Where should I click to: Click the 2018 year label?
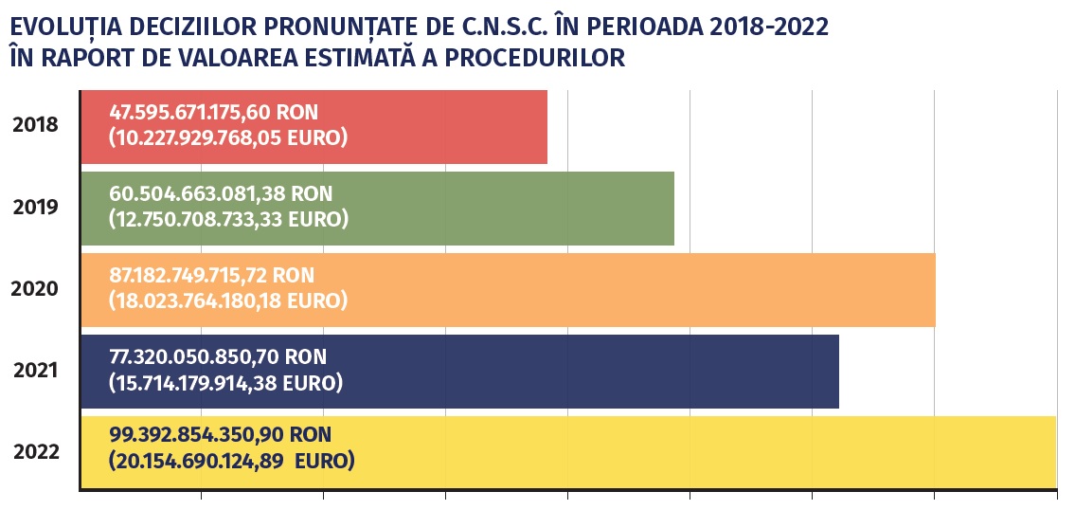pos(35,125)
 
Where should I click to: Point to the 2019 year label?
pos(35,207)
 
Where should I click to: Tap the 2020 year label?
pos(35,288)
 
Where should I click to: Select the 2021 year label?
pos(35,370)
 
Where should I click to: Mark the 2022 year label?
pos(35,451)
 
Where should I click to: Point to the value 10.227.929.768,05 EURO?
pos(227,138)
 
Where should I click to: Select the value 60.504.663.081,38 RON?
pos(221,193)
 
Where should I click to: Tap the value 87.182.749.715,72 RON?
pos(211,275)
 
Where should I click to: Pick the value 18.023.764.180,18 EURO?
pos(227,301)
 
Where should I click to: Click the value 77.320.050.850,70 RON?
pos(218,356)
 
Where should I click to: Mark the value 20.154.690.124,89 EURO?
pos(231,463)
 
